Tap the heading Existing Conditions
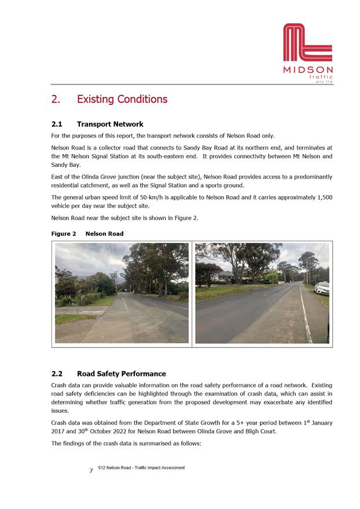click(122, 99)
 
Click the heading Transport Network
click(110, 124)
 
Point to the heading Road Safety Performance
click(121, 373)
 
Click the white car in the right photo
click(322, 287)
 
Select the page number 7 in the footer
click(91, 471)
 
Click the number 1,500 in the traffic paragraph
click(322, 197)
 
